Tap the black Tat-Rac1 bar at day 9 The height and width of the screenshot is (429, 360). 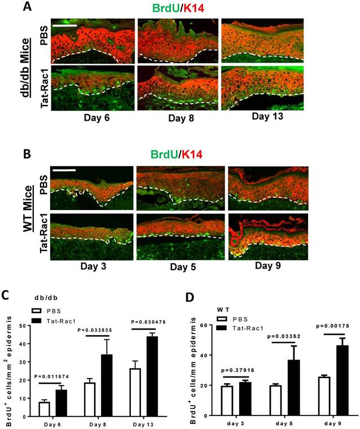pyautogui.click(x=328, y=381)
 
